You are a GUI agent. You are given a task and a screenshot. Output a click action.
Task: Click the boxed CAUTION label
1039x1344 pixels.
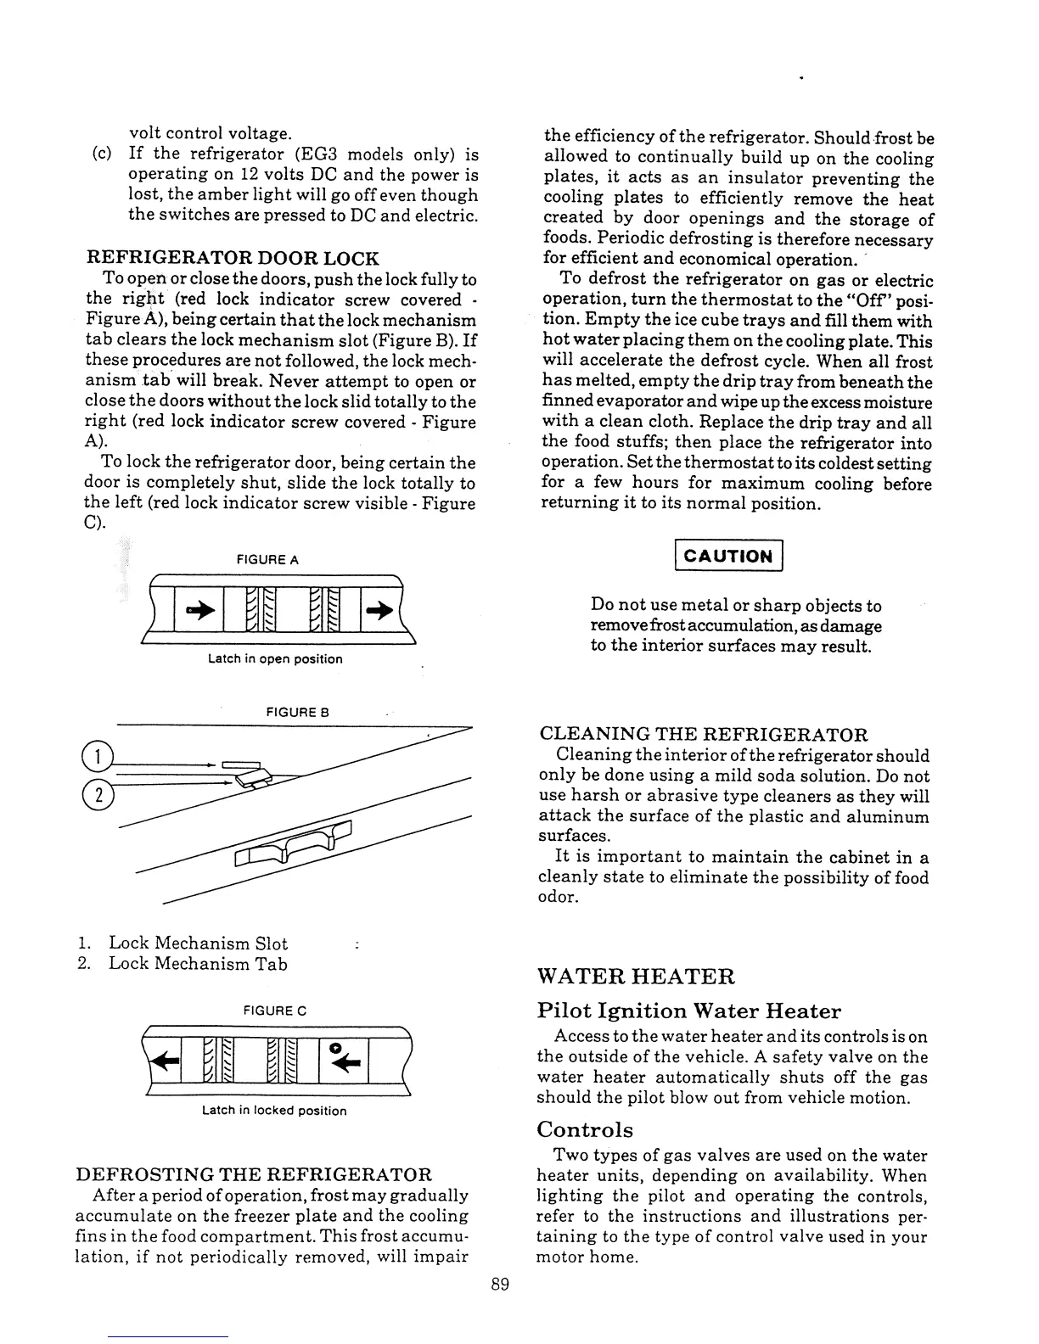pyautogui.click(x=727, y=556)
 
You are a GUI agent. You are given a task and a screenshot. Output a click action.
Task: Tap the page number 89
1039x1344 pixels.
pyautogui.click(x=500, y=1284)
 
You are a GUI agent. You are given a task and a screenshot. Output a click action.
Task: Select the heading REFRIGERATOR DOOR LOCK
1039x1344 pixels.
pyautogui.click(x=233, y=258)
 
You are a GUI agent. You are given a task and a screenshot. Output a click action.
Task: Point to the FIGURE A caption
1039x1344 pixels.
pyautogui.click(x=267, y=560)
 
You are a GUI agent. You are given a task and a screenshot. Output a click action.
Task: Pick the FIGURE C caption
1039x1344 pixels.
pyautogui.click(x=274, y=1011)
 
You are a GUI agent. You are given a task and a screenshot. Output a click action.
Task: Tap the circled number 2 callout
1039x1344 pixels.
pyautogui.click(x=98, y=794)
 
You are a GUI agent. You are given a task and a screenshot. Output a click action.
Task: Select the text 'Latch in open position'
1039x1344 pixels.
pyautogui.click(x=275, y=658)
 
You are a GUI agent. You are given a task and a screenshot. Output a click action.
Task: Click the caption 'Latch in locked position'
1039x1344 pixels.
pyautogui.click(x=274, y=1110)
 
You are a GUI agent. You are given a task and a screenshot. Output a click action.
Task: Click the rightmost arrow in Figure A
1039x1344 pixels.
pyautogui.click(x=380, y=608)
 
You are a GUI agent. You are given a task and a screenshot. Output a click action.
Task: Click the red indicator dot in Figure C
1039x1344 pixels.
pyautogui.click(x=336, y=1048)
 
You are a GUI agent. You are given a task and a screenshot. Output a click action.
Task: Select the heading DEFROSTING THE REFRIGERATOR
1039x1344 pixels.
pyautogui.click(x=254, y=1174)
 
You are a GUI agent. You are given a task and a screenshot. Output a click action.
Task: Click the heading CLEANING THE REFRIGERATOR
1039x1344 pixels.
pyautogui.click(x=704, y=734)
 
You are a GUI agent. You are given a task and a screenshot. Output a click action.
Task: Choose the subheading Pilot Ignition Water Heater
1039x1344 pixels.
pyautogui.click(x=688, y=1011)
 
